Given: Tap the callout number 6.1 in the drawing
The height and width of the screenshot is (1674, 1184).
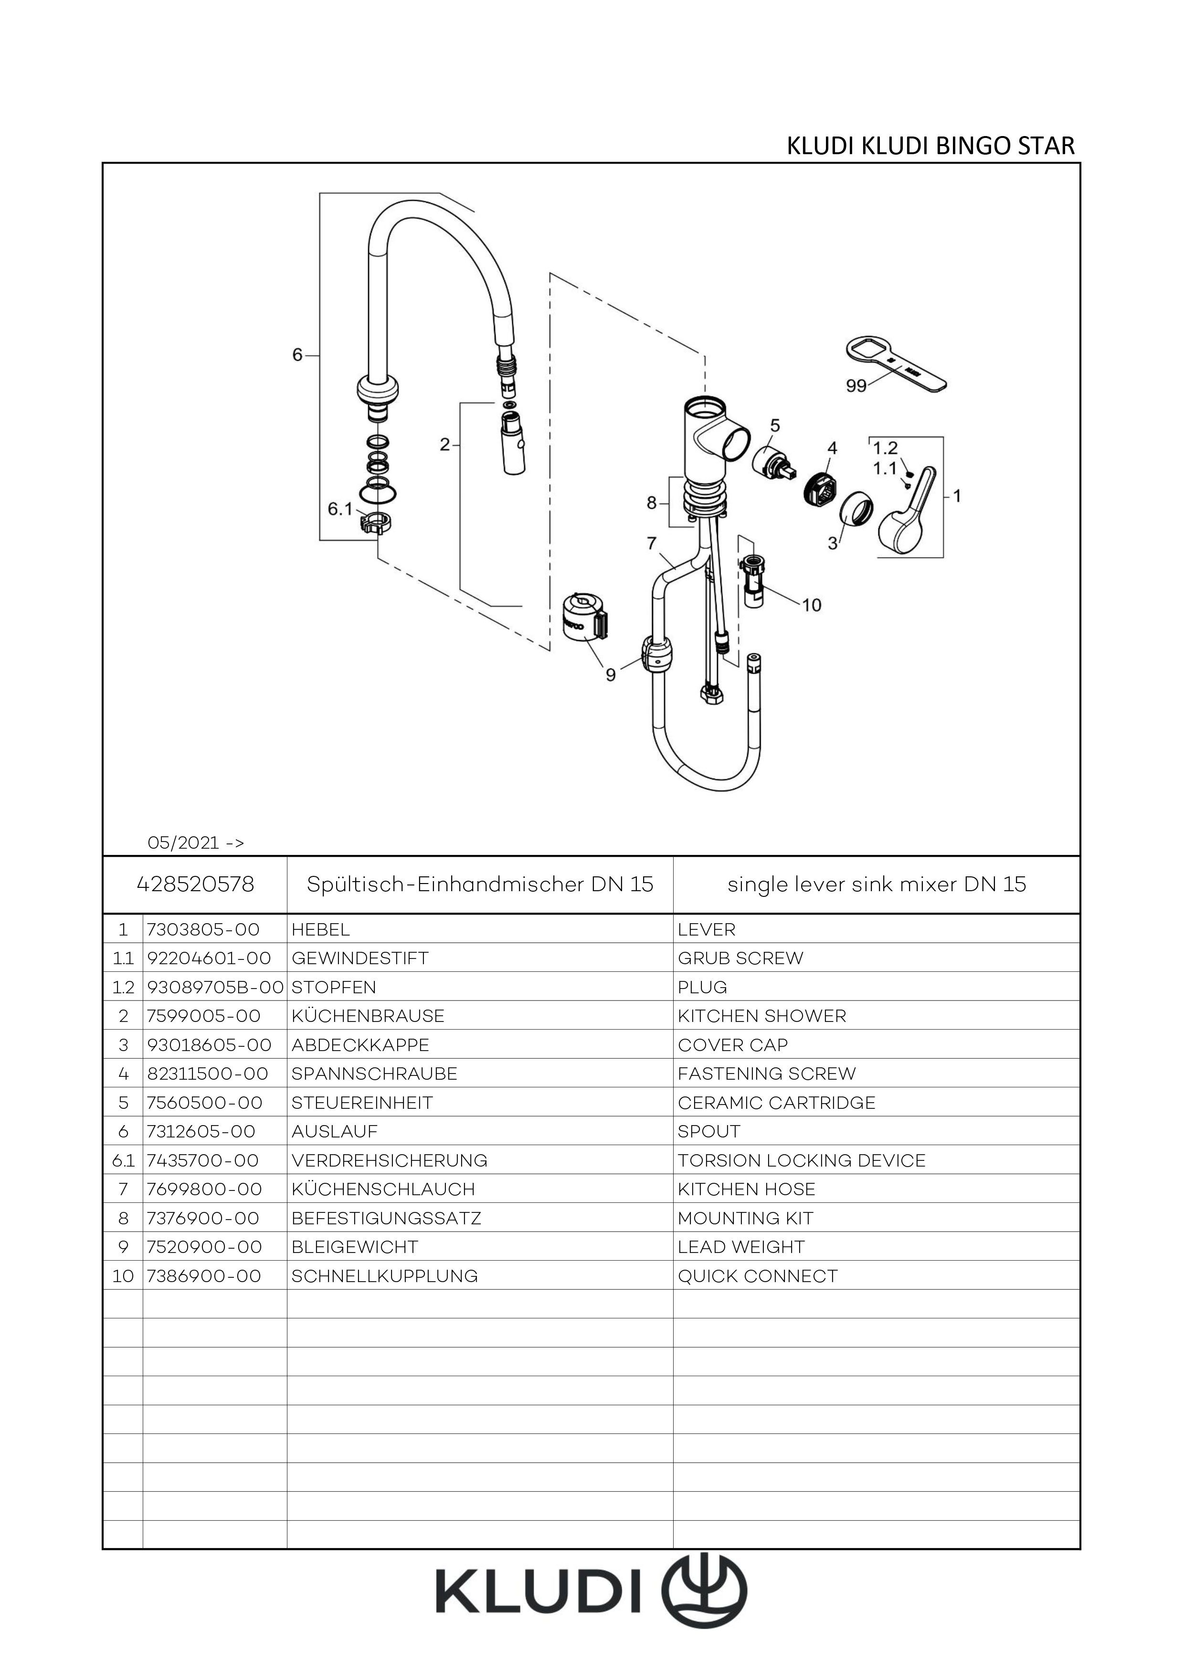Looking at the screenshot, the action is pos(340,509).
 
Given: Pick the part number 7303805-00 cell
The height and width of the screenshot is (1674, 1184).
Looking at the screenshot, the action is pos(203,929).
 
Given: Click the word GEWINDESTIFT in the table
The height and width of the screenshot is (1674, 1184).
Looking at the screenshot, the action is pos(359,958).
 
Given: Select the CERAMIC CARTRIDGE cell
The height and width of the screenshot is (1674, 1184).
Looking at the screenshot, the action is pos(776,1102).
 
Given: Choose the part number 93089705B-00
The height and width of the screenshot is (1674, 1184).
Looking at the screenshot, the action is pos(215,987).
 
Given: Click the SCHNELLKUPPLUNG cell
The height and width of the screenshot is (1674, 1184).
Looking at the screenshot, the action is pos(385,1276).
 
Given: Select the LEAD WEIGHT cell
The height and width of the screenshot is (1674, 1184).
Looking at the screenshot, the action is pos(741,1247).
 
